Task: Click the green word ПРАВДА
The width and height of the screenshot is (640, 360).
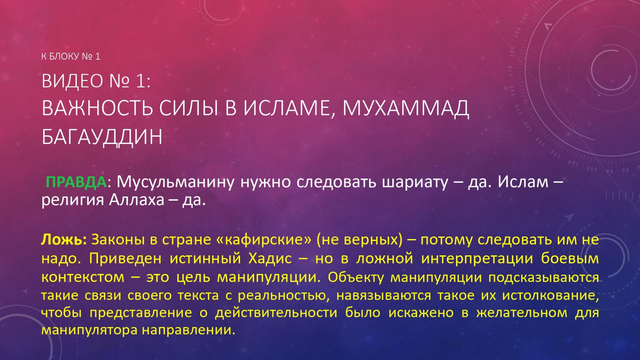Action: (x=76, y=182)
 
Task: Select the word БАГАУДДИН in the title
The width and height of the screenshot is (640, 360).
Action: (x=102, y=137)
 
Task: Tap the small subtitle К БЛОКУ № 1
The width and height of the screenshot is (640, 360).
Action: (x=71, y=56)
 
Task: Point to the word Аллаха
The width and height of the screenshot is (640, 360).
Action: (x=137, y=200)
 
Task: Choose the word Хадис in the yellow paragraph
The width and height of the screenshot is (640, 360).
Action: (x=270, y=258)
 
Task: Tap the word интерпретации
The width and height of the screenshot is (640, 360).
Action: (x=477, y=259)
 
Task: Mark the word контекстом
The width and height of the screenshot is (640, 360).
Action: (x=83, y=277)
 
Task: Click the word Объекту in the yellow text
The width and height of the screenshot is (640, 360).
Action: (x=356, y=277)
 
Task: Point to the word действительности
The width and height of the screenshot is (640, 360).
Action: (x=276, y=313)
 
